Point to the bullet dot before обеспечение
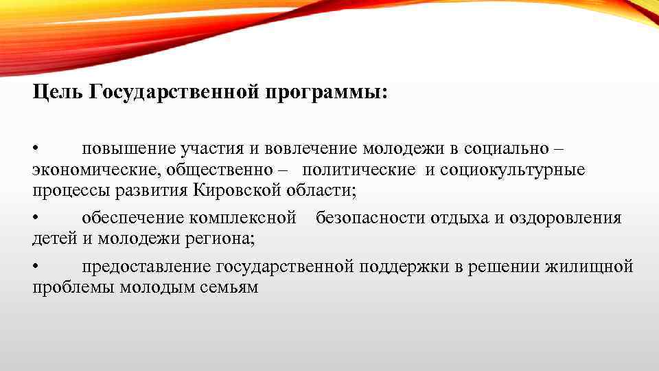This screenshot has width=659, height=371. [36, 218]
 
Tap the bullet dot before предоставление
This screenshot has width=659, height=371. [36, 267]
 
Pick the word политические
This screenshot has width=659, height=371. [359, 169]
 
